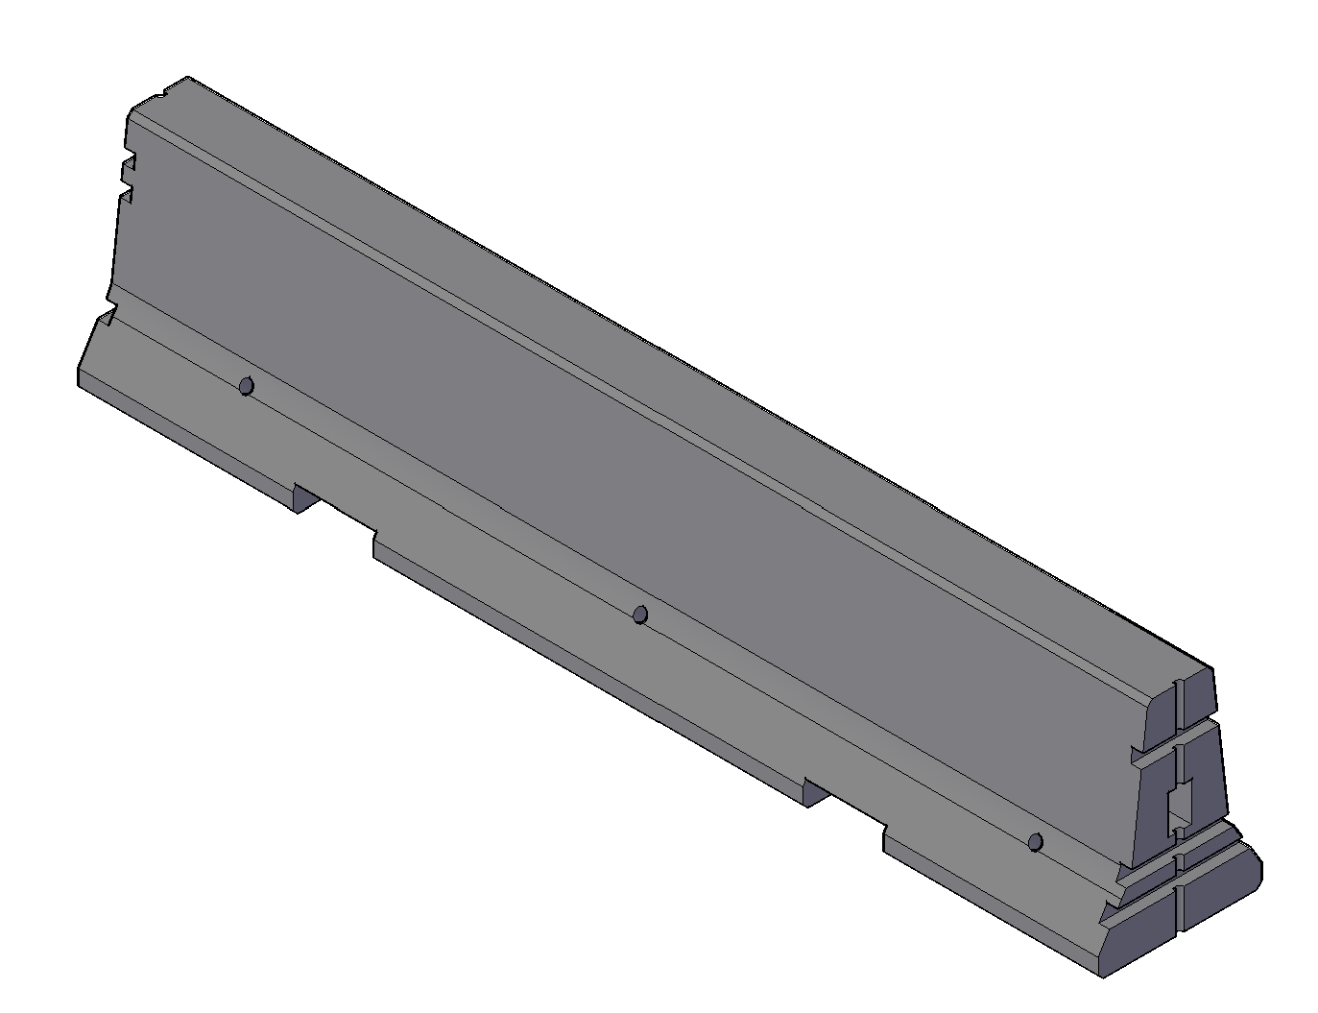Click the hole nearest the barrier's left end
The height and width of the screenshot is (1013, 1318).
point(246,386)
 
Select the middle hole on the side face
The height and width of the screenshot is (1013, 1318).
point(640,615)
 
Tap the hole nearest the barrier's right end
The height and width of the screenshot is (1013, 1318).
point(1035,842)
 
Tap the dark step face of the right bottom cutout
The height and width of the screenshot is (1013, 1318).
point(817,794)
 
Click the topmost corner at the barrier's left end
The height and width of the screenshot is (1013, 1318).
point(187,77)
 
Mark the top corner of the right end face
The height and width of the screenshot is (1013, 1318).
point(1211,670)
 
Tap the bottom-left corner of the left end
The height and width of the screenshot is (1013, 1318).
point(79,384)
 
